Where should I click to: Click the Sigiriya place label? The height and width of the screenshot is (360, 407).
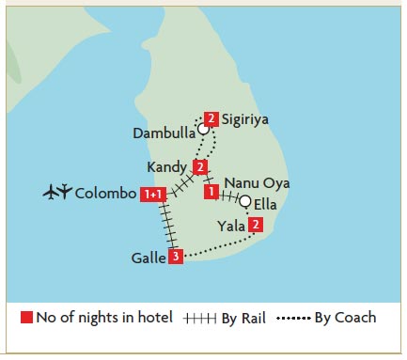246,119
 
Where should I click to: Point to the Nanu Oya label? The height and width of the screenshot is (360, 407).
257,182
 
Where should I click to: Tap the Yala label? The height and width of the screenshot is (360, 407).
230,225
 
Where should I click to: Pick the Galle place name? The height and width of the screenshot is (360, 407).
150,257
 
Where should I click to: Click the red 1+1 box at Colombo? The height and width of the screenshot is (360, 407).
153,195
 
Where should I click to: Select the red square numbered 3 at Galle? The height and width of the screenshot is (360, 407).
175,256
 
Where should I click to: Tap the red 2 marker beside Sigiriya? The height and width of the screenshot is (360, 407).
211,119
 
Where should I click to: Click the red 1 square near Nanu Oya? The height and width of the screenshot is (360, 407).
211,192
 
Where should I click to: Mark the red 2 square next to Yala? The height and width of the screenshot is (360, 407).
255,225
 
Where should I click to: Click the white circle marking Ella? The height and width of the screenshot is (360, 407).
245,201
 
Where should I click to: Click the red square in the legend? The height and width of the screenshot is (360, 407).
26,318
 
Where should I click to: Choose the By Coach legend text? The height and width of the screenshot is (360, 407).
347,318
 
